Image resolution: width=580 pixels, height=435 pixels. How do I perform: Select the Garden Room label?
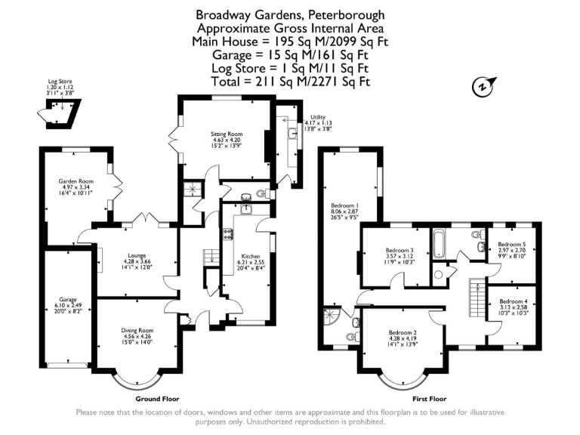click(x=76, y=182)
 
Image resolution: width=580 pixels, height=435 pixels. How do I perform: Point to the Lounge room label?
click(x=137, y=255)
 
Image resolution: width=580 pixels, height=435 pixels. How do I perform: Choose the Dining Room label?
click(x=138, y=330)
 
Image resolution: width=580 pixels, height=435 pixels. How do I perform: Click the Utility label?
click(x=317, y=117)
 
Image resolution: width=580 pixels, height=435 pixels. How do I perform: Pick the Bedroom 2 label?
click(x=403, y=332)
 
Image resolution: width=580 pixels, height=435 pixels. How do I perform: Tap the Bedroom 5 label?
click(x=512, y=244)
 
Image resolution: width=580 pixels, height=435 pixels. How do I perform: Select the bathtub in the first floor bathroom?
click(x=440, y=243)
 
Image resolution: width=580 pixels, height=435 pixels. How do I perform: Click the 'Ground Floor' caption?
click(x=157, y=398)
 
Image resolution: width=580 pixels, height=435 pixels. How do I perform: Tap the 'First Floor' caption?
click(x=430, y=398)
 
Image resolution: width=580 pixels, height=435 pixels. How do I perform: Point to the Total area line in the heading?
click(x=289, y=81)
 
